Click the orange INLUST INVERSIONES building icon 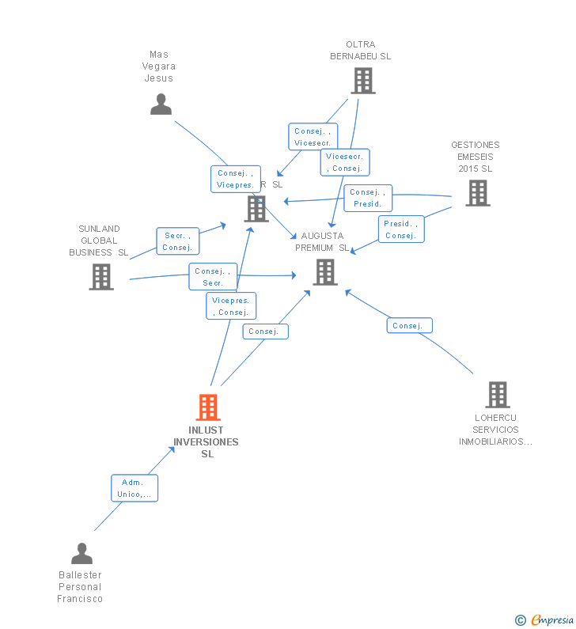coord(207,407)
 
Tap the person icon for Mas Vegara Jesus coord(161,104)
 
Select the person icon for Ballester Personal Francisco coord(81,553)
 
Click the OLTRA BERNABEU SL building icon coord(362,81)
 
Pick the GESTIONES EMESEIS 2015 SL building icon coord(477,193)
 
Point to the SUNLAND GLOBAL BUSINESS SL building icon coord(100,277)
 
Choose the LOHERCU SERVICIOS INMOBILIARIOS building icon coord(497,394)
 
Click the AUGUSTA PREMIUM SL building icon coord(325,271)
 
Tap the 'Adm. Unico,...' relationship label coord(135,488)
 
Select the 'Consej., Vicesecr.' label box coord(313,137)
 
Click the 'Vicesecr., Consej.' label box coord(345,162)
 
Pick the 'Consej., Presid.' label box coord(368,198)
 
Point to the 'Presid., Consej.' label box coord(401,229)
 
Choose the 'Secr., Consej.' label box coord(177,241)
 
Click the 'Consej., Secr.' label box coord(213,277)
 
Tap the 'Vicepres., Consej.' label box coord(231,306)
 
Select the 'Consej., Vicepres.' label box coord(236,179)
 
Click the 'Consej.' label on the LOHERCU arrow coord(409,325)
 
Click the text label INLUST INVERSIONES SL coord(207,442)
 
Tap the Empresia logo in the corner coord(545,620)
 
